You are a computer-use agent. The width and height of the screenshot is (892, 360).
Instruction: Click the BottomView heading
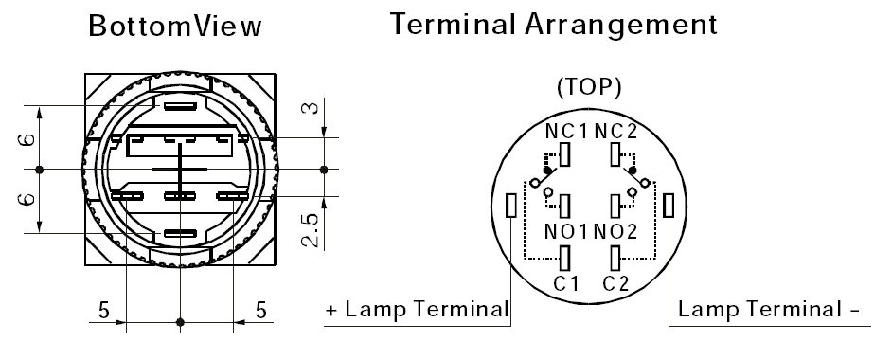pos(175,27)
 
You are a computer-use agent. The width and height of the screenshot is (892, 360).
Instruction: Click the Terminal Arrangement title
pos(554,24)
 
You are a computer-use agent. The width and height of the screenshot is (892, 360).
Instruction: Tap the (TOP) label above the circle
pos(589,87)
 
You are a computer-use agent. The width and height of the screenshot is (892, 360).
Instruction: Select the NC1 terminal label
pos(565,132)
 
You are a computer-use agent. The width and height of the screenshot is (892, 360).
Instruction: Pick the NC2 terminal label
pos(615,132)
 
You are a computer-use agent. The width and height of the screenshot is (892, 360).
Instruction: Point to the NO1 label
pos(565,231)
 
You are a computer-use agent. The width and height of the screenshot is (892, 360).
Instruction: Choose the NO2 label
pos(615,231)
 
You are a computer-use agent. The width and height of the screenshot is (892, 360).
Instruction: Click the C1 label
pos(565,282)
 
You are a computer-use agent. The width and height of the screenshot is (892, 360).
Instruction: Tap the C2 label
pos(616,282)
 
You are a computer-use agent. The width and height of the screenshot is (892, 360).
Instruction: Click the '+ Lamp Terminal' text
pos(417,310)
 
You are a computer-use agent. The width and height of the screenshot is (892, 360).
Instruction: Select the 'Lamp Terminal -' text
pos(769,310)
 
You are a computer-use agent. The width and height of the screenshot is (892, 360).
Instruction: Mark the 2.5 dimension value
pos(310,230)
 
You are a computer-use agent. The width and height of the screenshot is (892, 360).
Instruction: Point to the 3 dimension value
pos(310,106)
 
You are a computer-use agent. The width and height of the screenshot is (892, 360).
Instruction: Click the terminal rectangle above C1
pos(565,259)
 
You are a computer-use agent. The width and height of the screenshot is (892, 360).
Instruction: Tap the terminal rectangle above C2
pos(615,259)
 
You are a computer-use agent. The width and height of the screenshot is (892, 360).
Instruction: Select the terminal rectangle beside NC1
pos(565,154)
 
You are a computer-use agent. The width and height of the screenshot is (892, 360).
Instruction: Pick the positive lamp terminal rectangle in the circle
pos(511,206)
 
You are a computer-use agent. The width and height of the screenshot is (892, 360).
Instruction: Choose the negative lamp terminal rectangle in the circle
pos(669,206)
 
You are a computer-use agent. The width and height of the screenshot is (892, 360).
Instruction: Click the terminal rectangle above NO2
pos(615,206)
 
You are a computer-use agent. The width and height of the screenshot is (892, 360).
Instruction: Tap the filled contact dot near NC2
pos(633,171)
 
